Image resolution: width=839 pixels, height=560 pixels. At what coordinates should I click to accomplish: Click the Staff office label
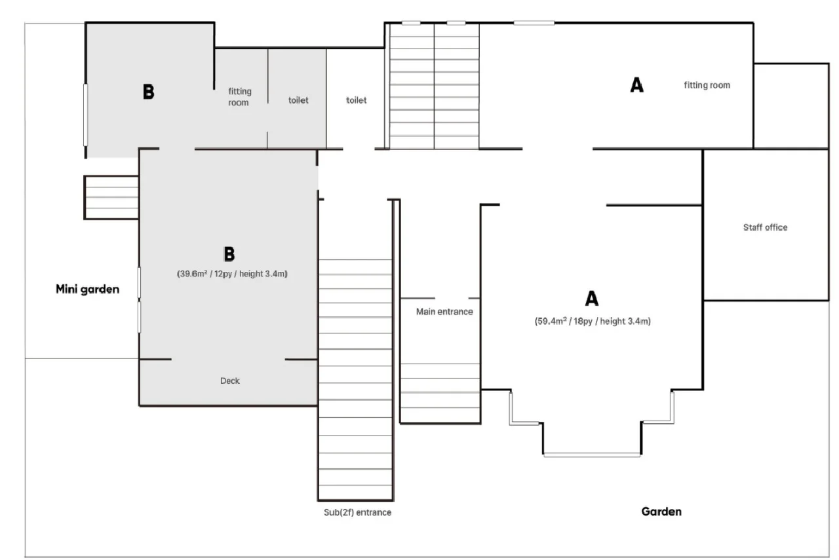coord(765,227)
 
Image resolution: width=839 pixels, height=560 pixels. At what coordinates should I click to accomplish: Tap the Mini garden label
coord(88,289)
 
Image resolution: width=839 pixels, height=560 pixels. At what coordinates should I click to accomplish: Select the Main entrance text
coord(444,312)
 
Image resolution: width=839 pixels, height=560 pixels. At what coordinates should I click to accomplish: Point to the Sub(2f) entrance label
coord(358,512)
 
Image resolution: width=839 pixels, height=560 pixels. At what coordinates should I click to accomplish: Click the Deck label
coord(230,381)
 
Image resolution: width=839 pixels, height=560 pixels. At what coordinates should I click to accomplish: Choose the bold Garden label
coord(661,512)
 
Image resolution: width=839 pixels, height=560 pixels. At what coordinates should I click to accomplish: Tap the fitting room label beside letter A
coord(707,85)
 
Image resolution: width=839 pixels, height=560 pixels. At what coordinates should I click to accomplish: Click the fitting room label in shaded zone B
coord(240,97)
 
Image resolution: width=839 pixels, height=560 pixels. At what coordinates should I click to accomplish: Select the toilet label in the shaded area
coord(298,100)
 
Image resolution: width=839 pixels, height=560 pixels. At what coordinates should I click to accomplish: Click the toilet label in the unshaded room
coord(356,100)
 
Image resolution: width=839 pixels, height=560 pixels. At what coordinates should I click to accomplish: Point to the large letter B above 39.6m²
coord(229,253)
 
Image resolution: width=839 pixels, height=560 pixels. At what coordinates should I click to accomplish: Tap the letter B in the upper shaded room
coord(149,91)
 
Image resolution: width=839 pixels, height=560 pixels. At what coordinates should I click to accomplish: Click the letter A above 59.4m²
coord(592,299)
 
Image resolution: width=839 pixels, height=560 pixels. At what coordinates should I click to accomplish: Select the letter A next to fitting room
coord(636,84)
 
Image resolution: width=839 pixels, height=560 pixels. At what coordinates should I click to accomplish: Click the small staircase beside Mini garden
coord(111,197)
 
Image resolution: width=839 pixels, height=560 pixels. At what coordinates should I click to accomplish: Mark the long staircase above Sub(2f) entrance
coord(355,380)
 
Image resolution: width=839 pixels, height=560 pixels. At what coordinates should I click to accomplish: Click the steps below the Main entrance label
coord(440,393)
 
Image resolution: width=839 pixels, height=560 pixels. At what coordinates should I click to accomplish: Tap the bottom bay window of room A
coord(592,455)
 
